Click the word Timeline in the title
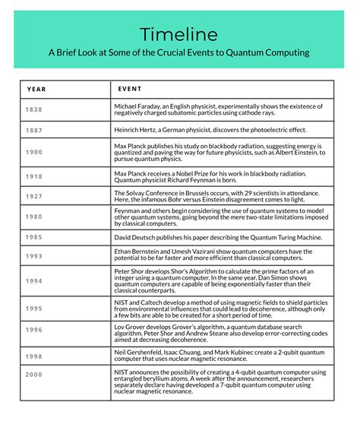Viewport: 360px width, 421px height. (179, 34)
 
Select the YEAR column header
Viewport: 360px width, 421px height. (36, 89)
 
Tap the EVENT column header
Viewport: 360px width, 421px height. (131, 89)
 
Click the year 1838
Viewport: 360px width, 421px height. (35, 109)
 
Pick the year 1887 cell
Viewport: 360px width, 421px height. (35, 131)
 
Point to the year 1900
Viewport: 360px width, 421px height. (35, 152)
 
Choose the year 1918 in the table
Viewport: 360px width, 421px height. (35, 176)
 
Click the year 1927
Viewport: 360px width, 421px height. (35, 197)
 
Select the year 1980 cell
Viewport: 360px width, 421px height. (35, 217)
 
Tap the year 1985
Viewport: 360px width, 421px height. (35, 236)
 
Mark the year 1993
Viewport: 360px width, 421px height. (35, 256)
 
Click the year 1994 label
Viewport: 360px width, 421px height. (35, 280)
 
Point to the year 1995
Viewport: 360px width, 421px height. (35, 309)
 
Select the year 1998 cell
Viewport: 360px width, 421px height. (35, 355)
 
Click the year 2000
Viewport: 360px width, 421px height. (35, 375)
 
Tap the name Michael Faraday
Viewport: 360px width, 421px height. (138, 106)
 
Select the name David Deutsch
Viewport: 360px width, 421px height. (135, 237)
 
